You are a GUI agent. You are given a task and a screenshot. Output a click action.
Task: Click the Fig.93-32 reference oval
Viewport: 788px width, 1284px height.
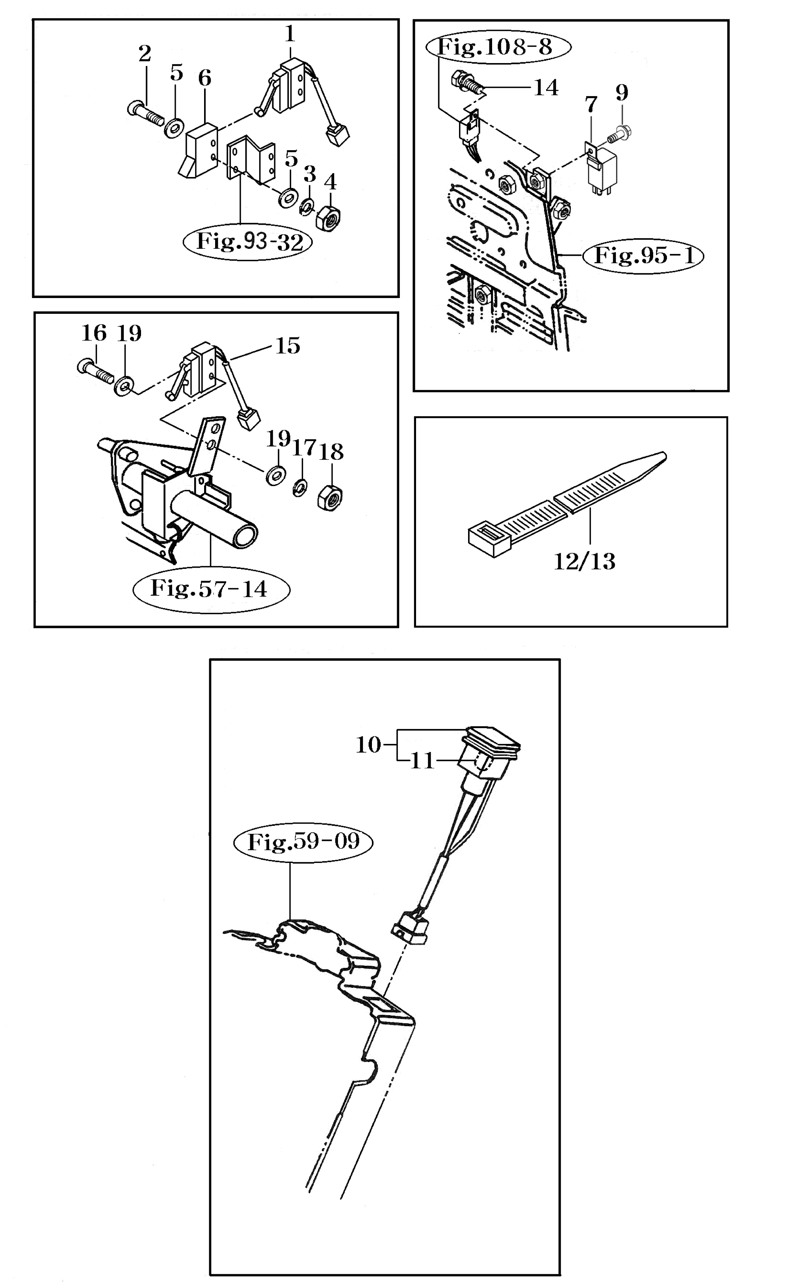[249, 242]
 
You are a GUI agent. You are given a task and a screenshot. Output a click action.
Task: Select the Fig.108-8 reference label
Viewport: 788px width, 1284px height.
[498, 47]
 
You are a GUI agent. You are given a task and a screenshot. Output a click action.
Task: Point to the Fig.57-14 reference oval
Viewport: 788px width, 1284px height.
[210, 589]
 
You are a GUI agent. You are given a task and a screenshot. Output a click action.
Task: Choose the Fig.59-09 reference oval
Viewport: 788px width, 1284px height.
[303, 841]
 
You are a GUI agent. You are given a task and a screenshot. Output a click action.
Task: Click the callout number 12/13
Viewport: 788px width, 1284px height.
[584, 561]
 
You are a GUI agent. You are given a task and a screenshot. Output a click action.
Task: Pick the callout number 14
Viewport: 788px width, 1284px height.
[546, 87]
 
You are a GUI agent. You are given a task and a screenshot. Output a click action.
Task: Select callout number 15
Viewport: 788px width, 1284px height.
[288, 346]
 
